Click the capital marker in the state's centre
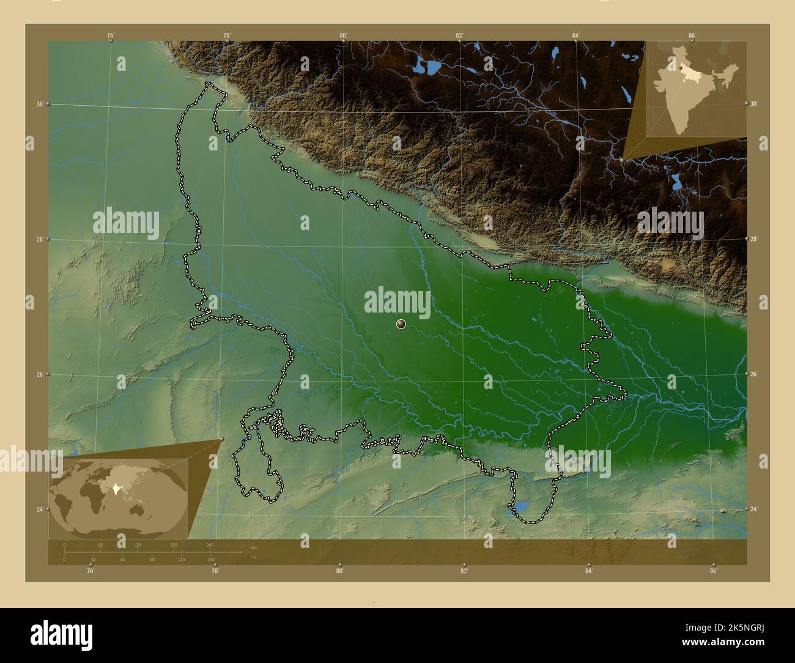(x=401, y=324)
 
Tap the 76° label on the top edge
(x=111, y=35)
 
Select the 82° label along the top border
(x=459, y=35)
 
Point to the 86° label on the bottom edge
(x=713, y=571)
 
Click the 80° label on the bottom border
(x=339, y=571)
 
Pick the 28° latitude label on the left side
(x=39, y=239)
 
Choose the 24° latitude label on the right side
(x=753, y=509)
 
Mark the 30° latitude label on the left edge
(x=39, y=104)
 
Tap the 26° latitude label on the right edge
(x=753, y=374)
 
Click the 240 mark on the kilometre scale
(x=210, y=545)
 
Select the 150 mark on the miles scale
(x=210, y=559)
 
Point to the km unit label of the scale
(x=253, y=546)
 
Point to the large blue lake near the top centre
(x=428, y=65)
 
